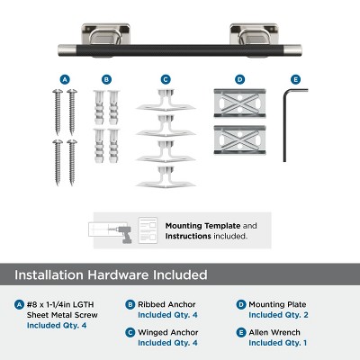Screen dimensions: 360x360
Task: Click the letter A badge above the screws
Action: coord(65,79)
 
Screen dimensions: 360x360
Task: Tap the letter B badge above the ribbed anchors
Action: coord(106,79)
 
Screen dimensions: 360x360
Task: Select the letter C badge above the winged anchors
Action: coord(166,79)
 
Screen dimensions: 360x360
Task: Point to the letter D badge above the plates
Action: coord(239,79)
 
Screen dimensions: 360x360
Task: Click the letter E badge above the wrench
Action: coord(296,79)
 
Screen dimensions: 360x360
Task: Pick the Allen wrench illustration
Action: coord(284,126)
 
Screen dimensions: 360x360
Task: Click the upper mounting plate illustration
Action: coord(239,103)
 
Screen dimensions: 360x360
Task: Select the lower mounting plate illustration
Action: coord(239,139)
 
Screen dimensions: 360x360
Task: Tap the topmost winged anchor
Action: coord(166,101)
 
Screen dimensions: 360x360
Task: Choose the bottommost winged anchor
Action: coord(166,177)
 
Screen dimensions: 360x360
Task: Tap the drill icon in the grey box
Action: coord(122,233)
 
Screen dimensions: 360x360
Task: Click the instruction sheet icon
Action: coord(148,230)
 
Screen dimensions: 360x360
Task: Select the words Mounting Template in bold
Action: coord(202,226)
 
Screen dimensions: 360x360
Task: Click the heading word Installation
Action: coord(49,274)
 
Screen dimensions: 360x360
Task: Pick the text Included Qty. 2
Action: coord(278,315)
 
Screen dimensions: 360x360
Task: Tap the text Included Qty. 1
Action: coord(278,343)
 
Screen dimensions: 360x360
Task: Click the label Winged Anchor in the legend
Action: coord(168,332)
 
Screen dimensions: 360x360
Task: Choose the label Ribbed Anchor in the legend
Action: coord(166,304)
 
